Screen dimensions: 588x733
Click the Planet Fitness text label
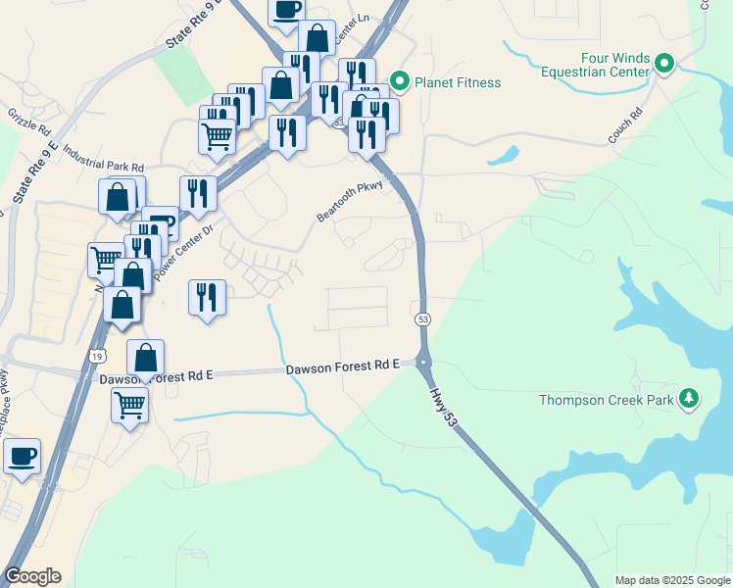pos(458,82)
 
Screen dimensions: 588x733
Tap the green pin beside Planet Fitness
pos(399,80)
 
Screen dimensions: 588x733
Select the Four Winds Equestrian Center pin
pos(664,65)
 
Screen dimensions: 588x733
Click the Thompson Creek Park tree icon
pos(691,398)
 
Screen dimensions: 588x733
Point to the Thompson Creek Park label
pos(607,400)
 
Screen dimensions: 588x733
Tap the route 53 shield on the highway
pos(422,319)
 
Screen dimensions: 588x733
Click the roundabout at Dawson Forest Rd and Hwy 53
pos(424,363)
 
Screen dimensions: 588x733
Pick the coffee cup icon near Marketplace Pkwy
pos(22,455)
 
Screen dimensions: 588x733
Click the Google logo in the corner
pos(32,576)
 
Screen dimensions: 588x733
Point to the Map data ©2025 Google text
pos(671,580)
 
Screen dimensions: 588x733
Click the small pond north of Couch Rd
pos(503,155)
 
